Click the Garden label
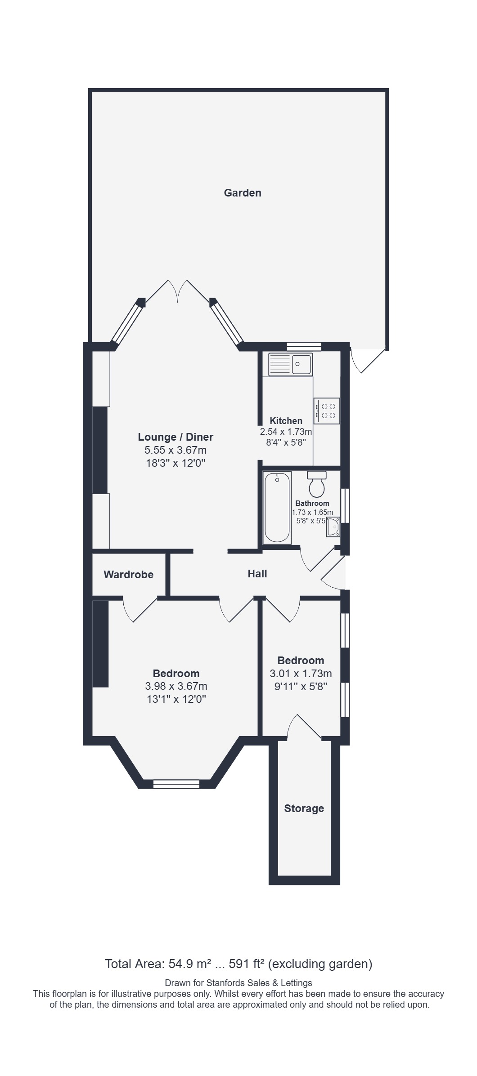pos(243,193)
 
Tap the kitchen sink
pos(290,364)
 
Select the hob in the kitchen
pos(327,411)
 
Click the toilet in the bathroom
pos(317,484)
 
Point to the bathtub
pos(277,507)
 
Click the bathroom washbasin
pos(333,527)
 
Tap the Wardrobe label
pos(128,575)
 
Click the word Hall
pos(257,574)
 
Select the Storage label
pos(304,808)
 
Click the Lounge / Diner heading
pos(175,437)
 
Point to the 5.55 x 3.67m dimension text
pos(175,450)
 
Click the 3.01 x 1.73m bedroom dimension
pos(301,674)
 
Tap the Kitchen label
pos(286,421)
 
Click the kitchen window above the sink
pos(304,346)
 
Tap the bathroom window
pos(345,506)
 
